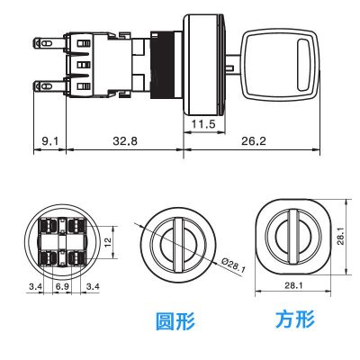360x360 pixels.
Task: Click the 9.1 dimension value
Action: [x=49, y=141]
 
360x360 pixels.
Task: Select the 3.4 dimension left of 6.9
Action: [x=36, y=285]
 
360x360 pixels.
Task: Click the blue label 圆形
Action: [x=175, y=320]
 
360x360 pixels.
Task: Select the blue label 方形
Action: [x=296, y=320]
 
